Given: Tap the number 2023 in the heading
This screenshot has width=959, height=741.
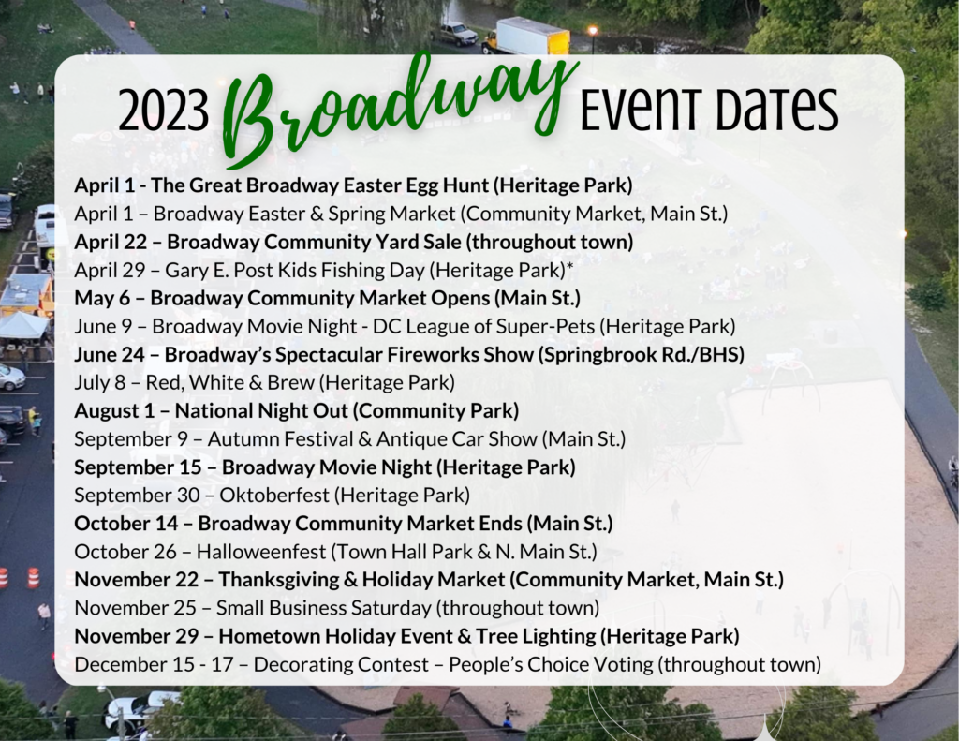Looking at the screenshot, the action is click(x=163, y=111).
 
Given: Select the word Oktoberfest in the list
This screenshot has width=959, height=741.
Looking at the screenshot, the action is click(x=274, y=495).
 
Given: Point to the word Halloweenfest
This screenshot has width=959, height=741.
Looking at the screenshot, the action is click(x=261, y=552).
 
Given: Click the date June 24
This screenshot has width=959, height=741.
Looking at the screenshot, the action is click(x=111, y=354).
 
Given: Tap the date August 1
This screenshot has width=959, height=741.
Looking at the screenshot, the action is click(x=114, y=410).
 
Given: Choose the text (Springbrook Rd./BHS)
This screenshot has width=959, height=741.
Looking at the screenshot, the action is click(x=641, y=354).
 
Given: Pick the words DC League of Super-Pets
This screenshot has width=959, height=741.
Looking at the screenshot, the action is click(x=484, y=326).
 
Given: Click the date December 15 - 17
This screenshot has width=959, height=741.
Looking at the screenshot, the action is click(x=155, y=664).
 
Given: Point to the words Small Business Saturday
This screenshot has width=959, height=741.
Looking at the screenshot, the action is click(x=323, y=608).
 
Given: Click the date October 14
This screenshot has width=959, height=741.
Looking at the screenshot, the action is click(x=126, y=523).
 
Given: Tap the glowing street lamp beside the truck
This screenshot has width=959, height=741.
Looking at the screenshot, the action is click(x=592, y=30).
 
